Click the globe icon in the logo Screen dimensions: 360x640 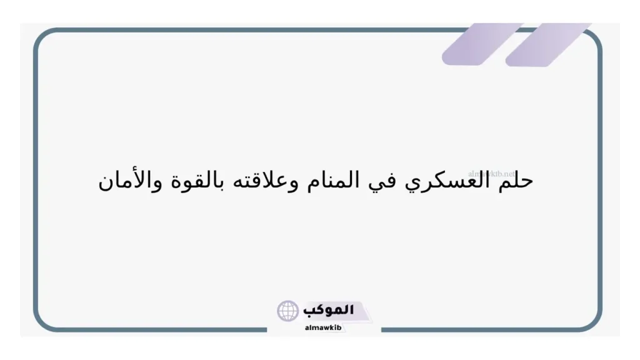click(288, 311)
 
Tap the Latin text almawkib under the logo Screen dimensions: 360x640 click(322, 326)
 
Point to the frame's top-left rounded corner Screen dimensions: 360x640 click(42, 37)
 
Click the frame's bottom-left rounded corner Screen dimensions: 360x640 click(42, 321)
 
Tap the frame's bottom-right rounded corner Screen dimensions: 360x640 click(592, 321)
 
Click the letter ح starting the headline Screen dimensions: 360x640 click(526, 182)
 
